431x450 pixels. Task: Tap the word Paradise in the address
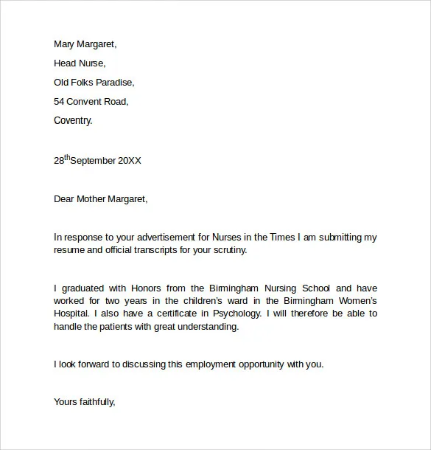pos(115,83)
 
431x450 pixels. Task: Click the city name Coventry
pos(74,121)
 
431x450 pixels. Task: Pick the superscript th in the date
pos(70,156)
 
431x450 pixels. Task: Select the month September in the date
pos(95,160)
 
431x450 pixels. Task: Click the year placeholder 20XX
pos(130,160)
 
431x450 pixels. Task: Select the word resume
pos(70,250)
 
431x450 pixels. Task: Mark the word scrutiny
pos(228,250)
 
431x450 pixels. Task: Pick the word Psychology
pos(236,314)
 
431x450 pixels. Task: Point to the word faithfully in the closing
pos(96,402)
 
